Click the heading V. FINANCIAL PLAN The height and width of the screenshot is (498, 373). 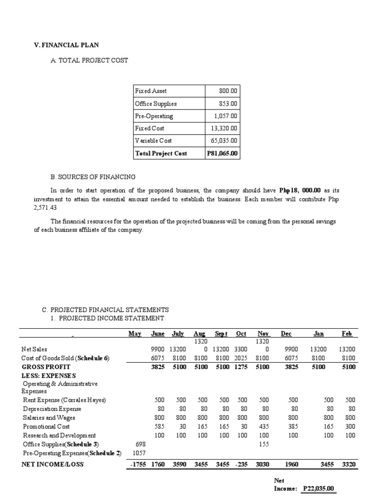tap(66, 45)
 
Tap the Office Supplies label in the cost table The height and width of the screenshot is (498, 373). tap(155, 104)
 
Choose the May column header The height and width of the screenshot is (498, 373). tap(135, 334)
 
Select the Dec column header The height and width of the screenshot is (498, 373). tap(287, 334)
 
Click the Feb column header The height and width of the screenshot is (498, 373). tap(347, 334)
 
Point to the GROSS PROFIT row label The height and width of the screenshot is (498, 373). tap(46, 367)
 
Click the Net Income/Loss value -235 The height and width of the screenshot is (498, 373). tap(240, 464)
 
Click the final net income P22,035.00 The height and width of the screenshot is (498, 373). tap(319, 488)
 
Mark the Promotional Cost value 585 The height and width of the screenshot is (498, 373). tap(159, 427)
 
